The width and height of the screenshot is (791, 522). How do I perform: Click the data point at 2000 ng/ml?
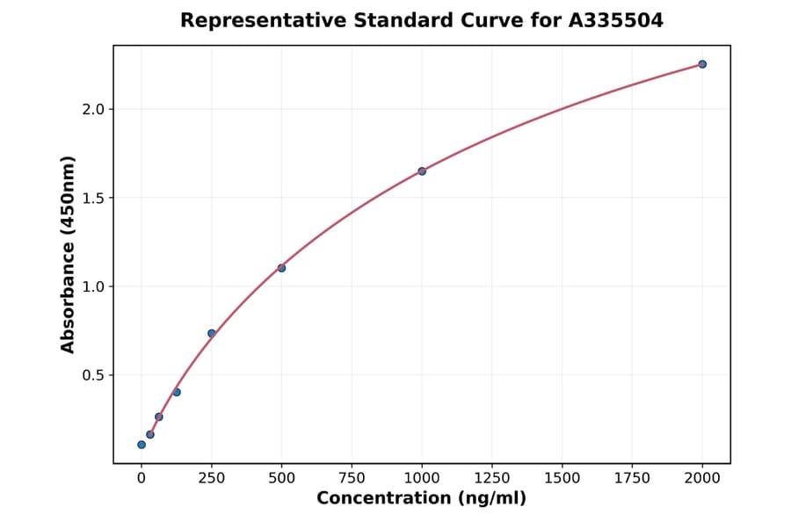click(x=702, y=64)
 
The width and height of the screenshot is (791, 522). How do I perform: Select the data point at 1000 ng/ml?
click(x=422, y=171)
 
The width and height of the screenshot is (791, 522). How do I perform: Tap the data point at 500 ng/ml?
click(x=281, y=268)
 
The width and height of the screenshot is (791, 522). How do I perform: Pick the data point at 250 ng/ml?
click(x=212, y=333)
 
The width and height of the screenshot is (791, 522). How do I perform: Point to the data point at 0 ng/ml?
click(x=142, y=445)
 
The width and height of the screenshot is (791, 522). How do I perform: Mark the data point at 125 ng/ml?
click(x=177, y=392)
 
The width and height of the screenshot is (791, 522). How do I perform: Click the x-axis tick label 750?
click(x=352, y=478)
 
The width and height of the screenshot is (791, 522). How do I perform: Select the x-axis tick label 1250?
click(x=492, y=478)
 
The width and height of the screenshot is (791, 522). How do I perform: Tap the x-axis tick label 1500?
click(x=562, y=478)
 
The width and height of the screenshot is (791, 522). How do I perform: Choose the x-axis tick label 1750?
click(x=632, y=478)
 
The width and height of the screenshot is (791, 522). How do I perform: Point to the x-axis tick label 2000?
click(x=702, y=478)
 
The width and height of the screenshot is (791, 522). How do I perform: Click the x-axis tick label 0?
click(x=142, y=478)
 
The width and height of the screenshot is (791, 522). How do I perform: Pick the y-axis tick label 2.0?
click(x=93, y=109)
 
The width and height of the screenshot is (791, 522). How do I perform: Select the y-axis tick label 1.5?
click(x=93, y=198)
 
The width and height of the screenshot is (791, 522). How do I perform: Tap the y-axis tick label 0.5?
click(x=93, y=375)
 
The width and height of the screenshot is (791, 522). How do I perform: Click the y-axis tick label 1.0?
click(x=93, y=286)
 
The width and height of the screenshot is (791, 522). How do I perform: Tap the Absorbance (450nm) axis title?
click(x=68, y=254)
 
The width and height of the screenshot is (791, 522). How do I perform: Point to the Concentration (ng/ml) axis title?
click(x=421, y=499)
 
